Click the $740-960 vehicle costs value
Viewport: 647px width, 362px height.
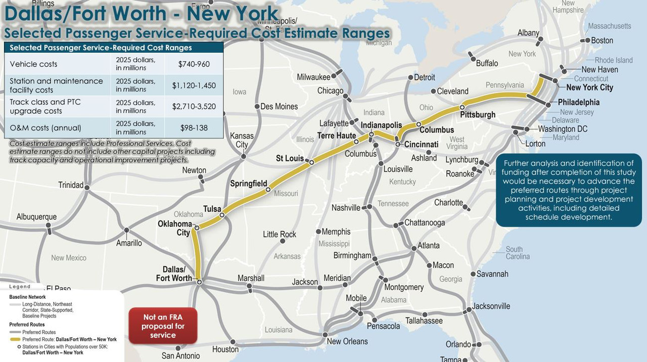tap(194, 64)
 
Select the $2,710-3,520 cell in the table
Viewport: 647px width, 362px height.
tap(194, 106)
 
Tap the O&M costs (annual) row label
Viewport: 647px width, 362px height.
tap(45, 128)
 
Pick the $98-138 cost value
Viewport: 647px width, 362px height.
tap(194, 128)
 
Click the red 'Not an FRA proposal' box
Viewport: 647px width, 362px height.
tap(163, 326)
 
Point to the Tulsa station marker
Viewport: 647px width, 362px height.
tap(222, 215)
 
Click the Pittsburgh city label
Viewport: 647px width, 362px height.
tap(478, 115)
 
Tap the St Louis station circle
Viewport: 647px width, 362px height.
tap(312, 163)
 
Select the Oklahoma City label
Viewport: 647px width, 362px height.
tap(175, 228)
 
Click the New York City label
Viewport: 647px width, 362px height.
tap(589, 87)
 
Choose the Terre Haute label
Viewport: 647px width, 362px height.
tap(337, 135)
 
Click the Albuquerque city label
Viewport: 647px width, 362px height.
tap(36, 217)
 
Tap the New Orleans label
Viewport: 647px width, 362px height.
tap(347, 341)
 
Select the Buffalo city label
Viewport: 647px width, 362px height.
tap(487, 63)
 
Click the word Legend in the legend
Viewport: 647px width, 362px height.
tap(20, 287)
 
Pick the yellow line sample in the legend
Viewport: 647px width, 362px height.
tap(15, 339)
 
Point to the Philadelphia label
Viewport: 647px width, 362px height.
tap(579, 102)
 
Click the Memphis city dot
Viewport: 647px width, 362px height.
tap(318, 232)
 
